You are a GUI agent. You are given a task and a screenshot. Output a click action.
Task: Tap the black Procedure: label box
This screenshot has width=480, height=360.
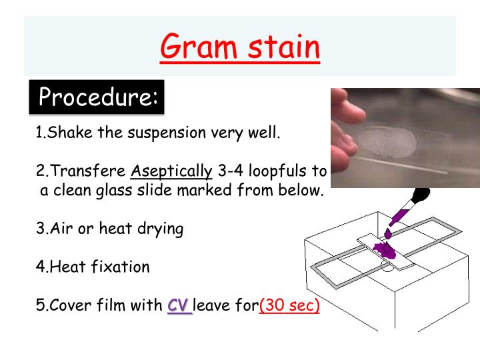[x=97, y=97]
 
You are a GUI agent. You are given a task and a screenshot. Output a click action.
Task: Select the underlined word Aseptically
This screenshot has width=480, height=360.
[x=171, y=171]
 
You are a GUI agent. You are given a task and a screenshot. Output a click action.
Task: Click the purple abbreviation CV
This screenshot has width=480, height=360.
[x=179, y=306]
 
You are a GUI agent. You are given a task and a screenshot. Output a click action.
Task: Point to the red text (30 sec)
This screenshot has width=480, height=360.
[x=289, y=306]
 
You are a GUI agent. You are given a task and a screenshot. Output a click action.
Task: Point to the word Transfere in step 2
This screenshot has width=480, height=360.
[x=87, y=171]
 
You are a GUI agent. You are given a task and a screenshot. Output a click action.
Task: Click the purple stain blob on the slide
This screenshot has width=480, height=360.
[x=385, y=250]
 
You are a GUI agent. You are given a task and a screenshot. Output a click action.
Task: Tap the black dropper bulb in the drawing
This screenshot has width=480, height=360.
[x=419, y=197]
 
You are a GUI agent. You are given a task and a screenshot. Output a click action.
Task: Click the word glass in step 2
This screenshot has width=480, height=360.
[x=128, y=190]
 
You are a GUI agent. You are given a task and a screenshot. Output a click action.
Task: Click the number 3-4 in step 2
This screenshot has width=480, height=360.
[x=231, y=171]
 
